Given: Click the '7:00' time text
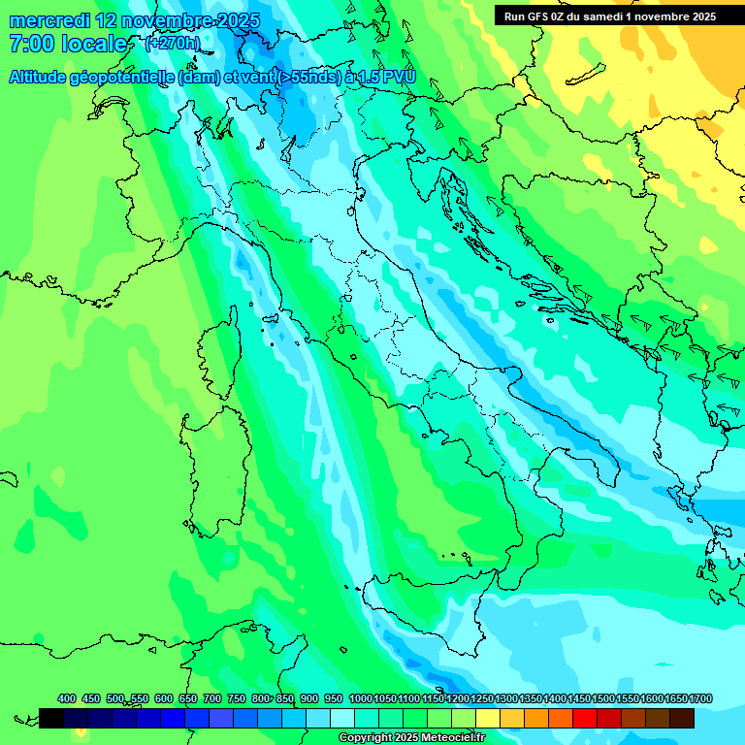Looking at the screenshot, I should [x=30, y=44].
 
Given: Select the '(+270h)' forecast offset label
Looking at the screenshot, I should [x=172, y=44].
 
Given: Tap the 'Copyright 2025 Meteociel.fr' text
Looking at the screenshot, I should [x=411, y=738].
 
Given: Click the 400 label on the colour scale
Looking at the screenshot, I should [x=67, y=698].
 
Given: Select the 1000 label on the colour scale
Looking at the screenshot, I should [x=360, y=698].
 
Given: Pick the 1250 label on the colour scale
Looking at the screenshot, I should [x=482, y=698].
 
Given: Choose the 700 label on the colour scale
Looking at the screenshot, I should [x=212, y=698].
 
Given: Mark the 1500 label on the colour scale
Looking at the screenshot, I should [x=603, y=698].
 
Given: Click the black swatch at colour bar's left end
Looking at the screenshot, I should [x=51, y=718].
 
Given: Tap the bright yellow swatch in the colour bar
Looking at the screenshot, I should [x=488, y=718].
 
